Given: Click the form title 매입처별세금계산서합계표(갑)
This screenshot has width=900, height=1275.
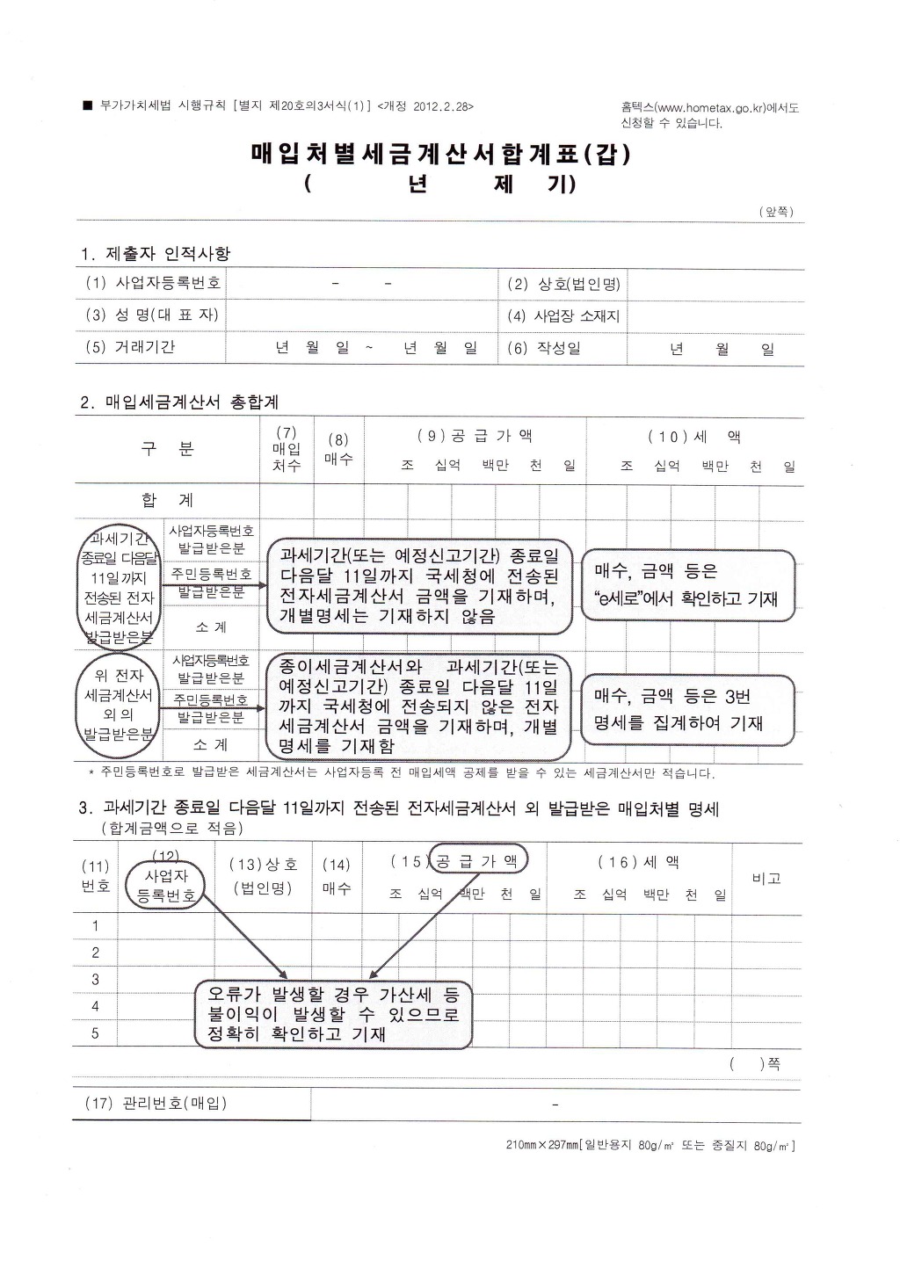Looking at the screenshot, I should point(440,155).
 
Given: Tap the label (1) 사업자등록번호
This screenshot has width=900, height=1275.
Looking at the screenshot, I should point(154,283).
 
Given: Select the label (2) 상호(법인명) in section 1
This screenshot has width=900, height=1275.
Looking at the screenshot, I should point(563,284).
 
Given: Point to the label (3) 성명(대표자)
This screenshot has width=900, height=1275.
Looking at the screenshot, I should point(152,315).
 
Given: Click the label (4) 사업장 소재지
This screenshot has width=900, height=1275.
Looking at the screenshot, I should point(563,315).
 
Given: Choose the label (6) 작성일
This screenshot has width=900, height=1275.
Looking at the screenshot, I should point(544,348).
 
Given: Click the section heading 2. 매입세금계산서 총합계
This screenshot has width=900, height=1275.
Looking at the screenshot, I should point(179,402).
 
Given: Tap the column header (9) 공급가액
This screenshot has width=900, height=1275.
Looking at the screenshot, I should point(475,436).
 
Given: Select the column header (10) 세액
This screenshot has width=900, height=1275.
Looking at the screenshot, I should point(694,437).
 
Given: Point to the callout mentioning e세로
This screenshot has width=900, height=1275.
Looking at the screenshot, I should point(687,584).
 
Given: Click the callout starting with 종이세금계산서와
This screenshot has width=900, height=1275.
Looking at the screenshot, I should point(418,706).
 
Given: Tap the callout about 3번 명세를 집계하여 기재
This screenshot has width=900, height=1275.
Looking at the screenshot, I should point(687,709).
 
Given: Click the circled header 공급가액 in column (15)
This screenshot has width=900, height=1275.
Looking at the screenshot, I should point(477,861).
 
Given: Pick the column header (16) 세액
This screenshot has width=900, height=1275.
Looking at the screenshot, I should point(638,863).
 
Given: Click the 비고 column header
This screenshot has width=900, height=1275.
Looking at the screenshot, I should point(766,878).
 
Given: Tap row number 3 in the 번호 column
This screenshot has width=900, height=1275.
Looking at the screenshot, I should point(95,980).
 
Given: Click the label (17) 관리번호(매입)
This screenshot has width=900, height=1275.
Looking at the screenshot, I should point(156,1103).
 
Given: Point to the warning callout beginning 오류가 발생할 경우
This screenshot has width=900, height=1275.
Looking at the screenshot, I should point(333,1014).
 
